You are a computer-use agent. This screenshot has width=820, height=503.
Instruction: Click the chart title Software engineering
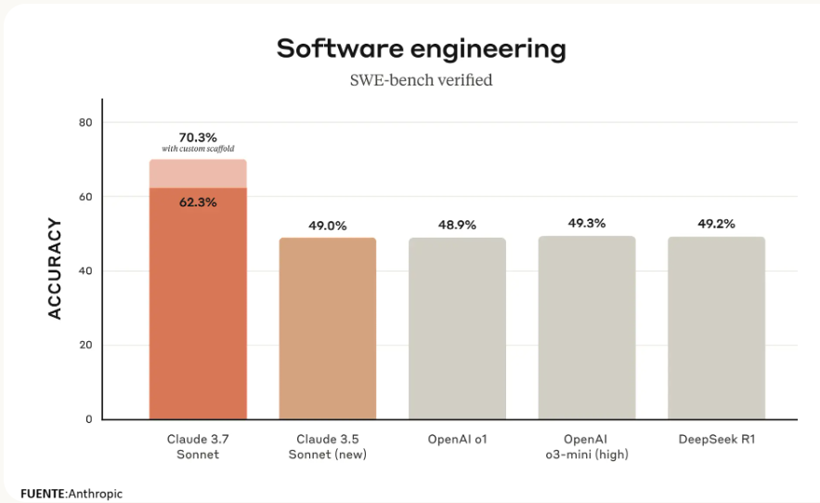(x=421, y=48)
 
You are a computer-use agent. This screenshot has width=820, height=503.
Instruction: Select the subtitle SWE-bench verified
(x=421, y=80)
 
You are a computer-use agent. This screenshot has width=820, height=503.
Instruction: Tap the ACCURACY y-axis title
(x=55, y=269)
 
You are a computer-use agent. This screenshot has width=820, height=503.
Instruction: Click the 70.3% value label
(x=198, y=137)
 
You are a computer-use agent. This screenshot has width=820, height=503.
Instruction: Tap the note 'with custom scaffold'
(x=198, y=149)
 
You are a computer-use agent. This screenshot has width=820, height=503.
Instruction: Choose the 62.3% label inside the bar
(x=198, y=202)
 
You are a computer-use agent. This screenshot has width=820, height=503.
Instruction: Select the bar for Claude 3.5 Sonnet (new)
(x=328, y=328)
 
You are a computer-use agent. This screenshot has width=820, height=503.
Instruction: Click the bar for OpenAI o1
(x=457, y=328)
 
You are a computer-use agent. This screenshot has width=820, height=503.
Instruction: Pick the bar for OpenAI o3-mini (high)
(x=587, y=327)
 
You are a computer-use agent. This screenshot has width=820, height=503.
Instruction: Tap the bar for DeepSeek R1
(x=716, y=327)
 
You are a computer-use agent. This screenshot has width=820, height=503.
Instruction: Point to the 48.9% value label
(x=457, y=225)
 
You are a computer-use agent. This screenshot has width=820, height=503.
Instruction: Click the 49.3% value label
(x=587, y=223)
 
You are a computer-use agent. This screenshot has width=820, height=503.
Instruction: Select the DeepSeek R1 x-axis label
(x=716, y=439)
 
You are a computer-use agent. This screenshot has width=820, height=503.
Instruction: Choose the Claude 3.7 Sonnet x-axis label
(x=198, y=446)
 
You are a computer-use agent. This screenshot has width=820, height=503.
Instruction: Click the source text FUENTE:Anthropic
(x=72, y=494)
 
